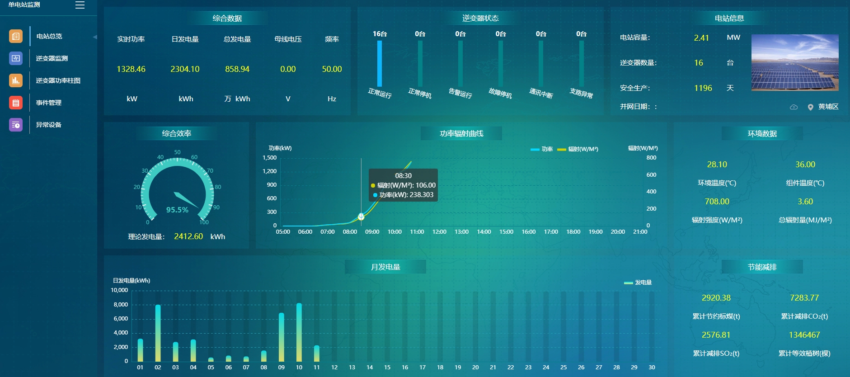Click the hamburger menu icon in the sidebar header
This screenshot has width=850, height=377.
(x=80, y=5)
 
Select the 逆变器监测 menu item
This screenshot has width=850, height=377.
(x=52, y=58)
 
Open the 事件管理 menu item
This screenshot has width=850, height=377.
(x=48, y=103)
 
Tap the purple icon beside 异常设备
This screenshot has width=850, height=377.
(x=16, y=125)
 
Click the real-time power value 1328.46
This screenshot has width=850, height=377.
(x=131, y=69)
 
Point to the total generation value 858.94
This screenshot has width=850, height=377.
(x=237, y=69)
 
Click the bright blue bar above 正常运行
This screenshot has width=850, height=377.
(x=380, y=63)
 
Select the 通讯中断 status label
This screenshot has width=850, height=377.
(x=541, y=94)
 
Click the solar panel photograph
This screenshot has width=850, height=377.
(x=794, y=62)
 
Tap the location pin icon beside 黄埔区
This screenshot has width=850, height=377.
(x=810, y=107)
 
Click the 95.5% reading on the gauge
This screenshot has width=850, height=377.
(x=177, y=210)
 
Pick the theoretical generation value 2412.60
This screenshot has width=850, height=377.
(x=188, y=236)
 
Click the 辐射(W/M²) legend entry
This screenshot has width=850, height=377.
(x=578, y=149)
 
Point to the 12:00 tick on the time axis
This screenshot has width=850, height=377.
(x=439, y=232)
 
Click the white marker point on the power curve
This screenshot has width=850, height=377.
(x=361, y=217)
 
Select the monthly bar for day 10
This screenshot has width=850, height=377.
(x=299, y=332)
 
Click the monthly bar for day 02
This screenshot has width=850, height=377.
(x=158, y=333)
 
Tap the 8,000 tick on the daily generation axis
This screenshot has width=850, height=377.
(x=121, y=305)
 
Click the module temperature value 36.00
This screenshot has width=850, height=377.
(x=805, y=165)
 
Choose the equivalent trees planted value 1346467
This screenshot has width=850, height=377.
(x=804, y=335)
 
